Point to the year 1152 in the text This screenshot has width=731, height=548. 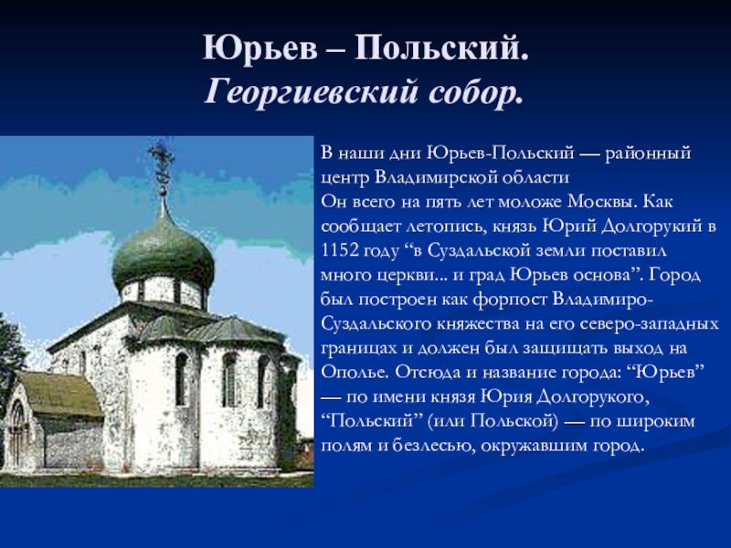pyautogui.click(x=340, y=250)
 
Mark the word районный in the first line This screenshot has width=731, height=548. pyautogui.click(x=648, y=153)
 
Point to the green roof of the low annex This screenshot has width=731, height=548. pyautogui.click(x=60, y=394)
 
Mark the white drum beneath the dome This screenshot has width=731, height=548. pyautogui.click(x=163, y=291)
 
